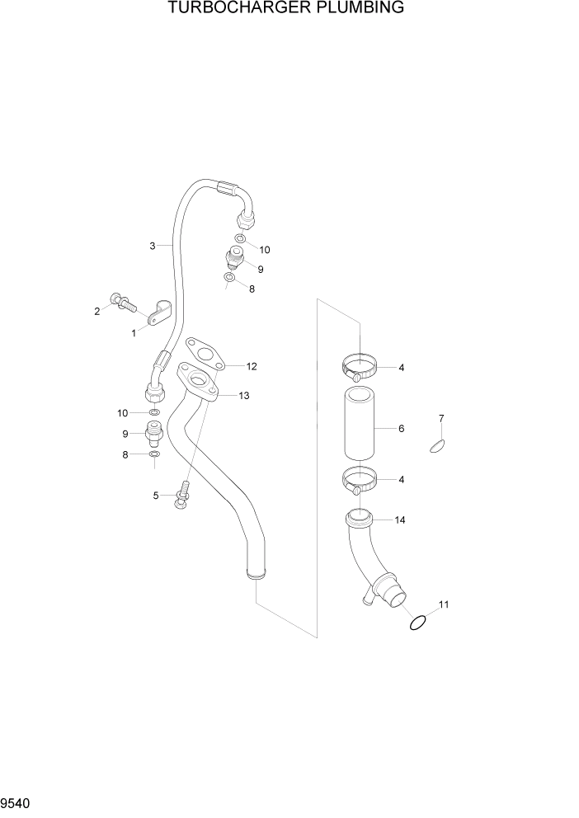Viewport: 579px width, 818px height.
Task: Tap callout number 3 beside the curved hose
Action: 153,246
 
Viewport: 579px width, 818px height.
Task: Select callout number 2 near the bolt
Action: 97,311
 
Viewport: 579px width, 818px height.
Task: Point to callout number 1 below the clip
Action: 134,332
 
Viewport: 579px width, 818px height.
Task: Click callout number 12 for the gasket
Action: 252,366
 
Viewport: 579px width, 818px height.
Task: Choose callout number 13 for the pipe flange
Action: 243,396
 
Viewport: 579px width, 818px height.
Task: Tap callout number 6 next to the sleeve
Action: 401,429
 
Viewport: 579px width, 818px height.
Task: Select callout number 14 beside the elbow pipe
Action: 401,520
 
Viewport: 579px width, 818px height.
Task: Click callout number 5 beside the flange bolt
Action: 155,495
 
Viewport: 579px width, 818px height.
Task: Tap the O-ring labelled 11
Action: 418,623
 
